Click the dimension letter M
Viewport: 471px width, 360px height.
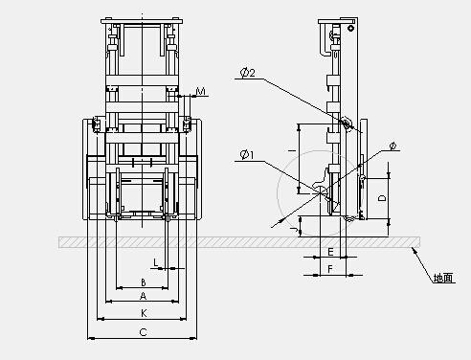click(201, 92)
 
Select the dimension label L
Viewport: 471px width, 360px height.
click(156, 262)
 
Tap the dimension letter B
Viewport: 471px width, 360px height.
click(144, 282)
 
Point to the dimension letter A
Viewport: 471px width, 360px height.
click(144, 296)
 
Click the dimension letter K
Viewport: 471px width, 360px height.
click(144, 313)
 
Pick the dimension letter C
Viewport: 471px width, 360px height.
click(144, 332)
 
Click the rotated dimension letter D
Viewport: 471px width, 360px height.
click(382, 198)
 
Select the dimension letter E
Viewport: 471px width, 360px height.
click(330, 252)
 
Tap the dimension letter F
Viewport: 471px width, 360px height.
click(330, 269)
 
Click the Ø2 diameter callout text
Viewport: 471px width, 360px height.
click(248, 73)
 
